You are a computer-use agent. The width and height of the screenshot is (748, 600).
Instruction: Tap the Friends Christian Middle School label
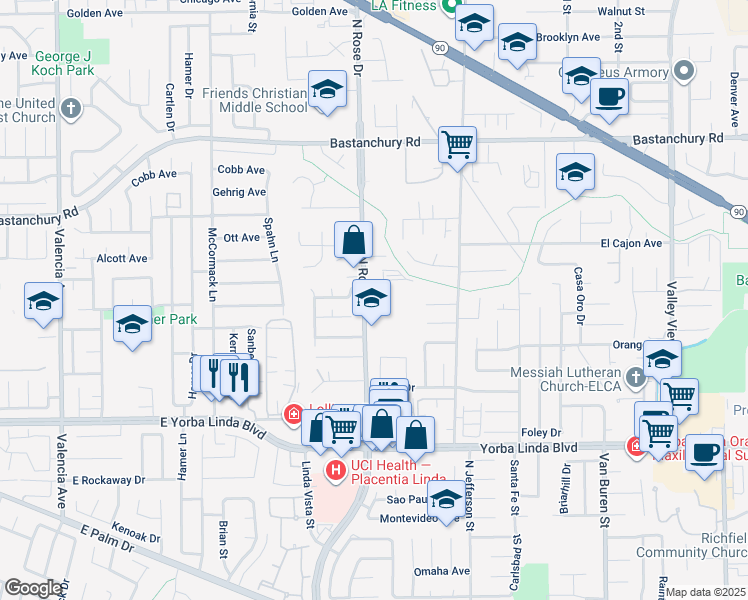(x=255, y=100)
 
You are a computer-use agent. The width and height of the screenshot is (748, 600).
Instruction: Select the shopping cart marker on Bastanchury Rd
(x=457, y=145)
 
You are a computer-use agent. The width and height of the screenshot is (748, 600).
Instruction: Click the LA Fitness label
(x=405, y=6)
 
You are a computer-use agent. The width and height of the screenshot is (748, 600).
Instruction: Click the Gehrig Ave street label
(x=239, y=192)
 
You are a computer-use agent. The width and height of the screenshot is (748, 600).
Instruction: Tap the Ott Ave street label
(x=242, y=237)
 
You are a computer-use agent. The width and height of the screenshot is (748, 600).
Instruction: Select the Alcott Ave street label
(x=122, y=258)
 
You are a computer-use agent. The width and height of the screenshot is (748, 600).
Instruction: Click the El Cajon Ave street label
(x=631, y=243)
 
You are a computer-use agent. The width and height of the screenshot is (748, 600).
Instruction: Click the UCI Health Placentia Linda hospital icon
(x=335, y=469)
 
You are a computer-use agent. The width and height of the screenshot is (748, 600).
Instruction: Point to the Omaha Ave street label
(x=442, y=572)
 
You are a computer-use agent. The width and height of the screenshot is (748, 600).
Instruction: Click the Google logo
(x=33, y=588)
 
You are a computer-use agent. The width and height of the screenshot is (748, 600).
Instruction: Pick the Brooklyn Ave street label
(x=567, y=37)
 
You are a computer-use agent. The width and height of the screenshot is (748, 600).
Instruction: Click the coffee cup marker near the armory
(x=609, y=98)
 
